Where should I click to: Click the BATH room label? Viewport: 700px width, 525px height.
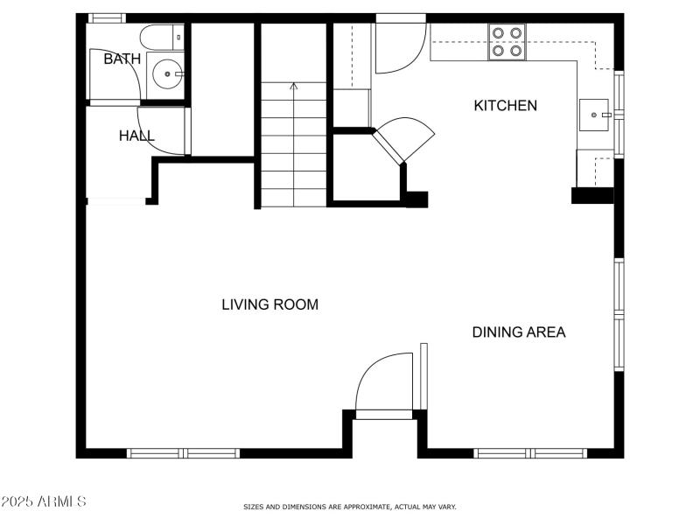(x=122, y=59)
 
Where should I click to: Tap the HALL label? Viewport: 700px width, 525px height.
(x=136, y=136)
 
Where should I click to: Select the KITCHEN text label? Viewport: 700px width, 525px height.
(x=505, y=106)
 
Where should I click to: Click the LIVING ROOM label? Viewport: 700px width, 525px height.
(x=269, y=305)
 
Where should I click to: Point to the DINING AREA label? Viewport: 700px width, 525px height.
(x=519, y=332)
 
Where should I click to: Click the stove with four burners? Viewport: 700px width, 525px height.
(x=507, y=41)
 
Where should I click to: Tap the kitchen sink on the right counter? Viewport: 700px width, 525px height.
(x=598, y=114)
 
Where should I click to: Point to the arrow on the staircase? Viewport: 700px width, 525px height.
(x=293, y=87)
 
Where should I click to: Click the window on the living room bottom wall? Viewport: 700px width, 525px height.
(x=184, y=453)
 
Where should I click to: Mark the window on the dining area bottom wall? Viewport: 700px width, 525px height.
(x=530, y=453)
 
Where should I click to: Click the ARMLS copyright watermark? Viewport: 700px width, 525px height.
(x=44, y=502)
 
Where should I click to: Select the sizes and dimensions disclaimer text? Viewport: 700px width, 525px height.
(x=349, y=507)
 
